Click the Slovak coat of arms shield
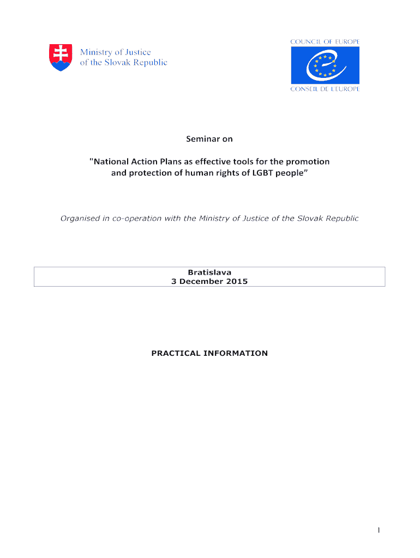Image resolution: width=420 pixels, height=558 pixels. click(x=60, y=57)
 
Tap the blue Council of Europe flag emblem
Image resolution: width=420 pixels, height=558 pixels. click(x=325, y=65)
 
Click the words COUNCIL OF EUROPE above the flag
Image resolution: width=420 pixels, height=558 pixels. click(x=325, y=41)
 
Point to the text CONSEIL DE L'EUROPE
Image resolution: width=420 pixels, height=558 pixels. click(x=325, y=89)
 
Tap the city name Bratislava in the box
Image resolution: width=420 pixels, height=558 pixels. click(x=209, y=272)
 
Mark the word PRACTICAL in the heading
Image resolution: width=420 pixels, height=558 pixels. click(x=175, y=353)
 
